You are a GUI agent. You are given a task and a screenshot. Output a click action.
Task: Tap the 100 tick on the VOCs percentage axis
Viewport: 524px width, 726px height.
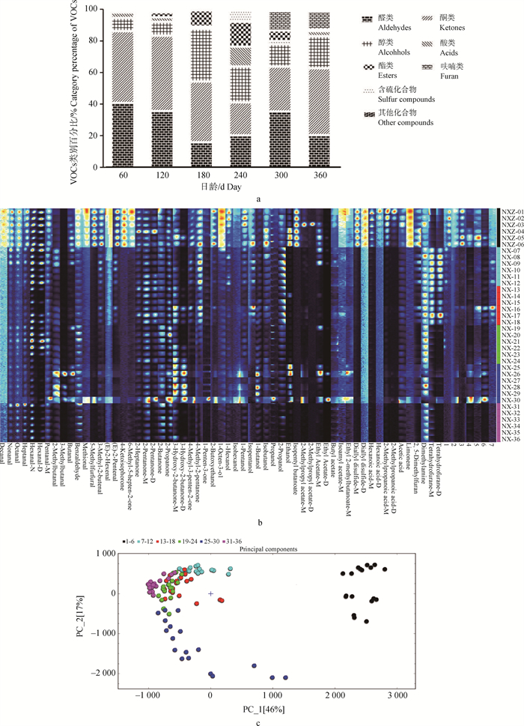coord(90,8)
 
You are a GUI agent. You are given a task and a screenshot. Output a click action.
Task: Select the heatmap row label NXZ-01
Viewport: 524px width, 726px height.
coord(507,212)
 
